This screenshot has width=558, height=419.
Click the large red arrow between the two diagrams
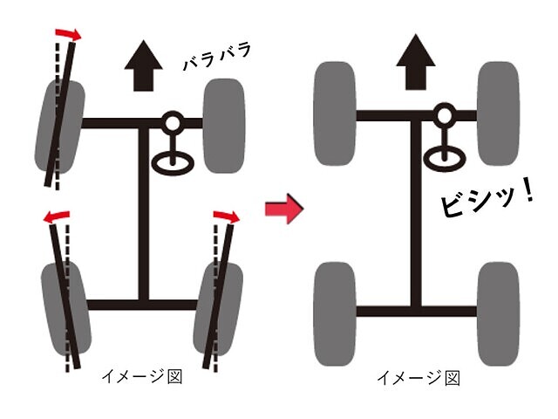pyautogui.click(x=284, y=209)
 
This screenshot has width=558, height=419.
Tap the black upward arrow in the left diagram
pyautogui.click(x=143, y=66)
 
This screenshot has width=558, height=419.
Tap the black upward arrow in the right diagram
pyautogui.click(x=416, y=62)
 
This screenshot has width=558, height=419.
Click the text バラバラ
pyautogui.click(x=217, y=56)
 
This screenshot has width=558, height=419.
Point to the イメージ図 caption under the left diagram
pyautogui.click(x=142, y=376)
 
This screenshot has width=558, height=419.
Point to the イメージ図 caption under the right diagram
pyautogui.click(x=418, y=378)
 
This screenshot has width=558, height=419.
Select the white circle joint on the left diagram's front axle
pyautogui.click(x=173, y=123)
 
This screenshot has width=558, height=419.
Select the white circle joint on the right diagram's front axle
pyautogui.click(x=444, y=114)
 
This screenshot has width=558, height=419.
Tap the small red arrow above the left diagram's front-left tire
pyautogui.click(x=68, y=34)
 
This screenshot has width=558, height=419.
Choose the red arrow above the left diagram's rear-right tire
pyautogui.click(x=227, y=216)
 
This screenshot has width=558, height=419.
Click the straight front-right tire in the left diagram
pyautogui.click(x=224, y=126)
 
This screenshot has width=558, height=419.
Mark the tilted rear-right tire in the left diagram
pyautogui.click(x=218, y=309)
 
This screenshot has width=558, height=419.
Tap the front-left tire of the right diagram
pyautogui.click(x=335, y=113)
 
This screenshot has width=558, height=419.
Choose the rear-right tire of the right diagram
pyautogui.click(x=498, y=314)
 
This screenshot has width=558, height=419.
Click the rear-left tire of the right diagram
pyautogui.click(x=335, y=314)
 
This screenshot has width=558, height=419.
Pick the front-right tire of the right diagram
pyautogui.click(x=498, y=113)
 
